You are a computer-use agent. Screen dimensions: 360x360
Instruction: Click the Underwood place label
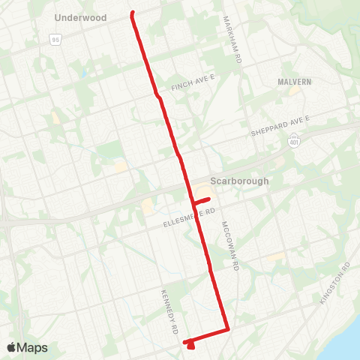coord(81,17)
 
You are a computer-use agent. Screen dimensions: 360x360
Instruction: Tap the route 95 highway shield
coord(55,39)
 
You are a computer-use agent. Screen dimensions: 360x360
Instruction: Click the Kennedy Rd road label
coord(169,310)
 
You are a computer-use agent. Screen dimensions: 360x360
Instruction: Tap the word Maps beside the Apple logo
coord(34,347)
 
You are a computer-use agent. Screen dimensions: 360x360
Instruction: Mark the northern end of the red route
coord(133,13)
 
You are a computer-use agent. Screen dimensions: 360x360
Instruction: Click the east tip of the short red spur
coord(209,198)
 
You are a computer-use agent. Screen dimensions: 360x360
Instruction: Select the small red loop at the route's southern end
coord(190,345)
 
